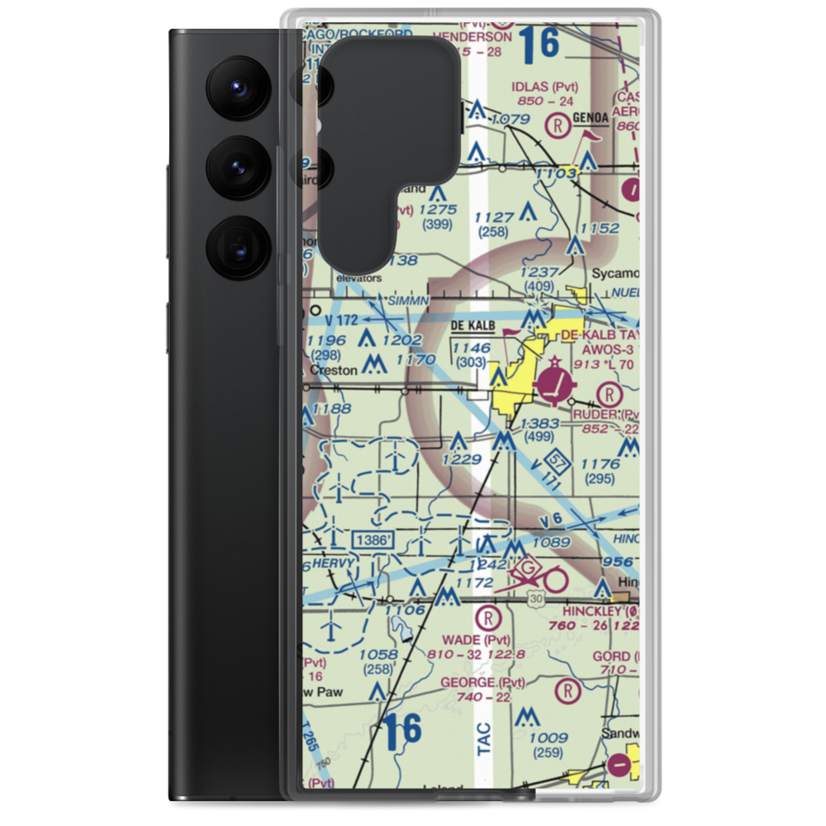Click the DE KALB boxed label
473,326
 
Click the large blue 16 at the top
541,44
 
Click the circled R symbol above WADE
489,616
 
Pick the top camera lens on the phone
237,84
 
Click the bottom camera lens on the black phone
237,248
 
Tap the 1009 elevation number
548,738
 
